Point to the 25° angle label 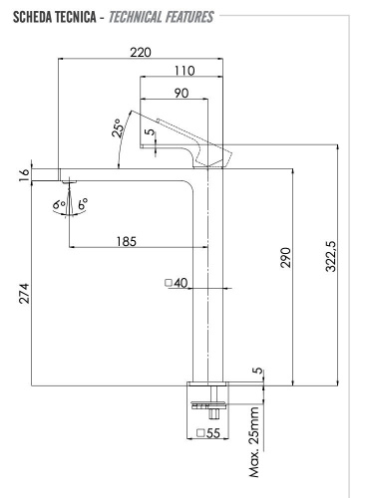click(118, 129)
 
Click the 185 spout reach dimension click(126, 241)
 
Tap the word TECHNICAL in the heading click(159, 18)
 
